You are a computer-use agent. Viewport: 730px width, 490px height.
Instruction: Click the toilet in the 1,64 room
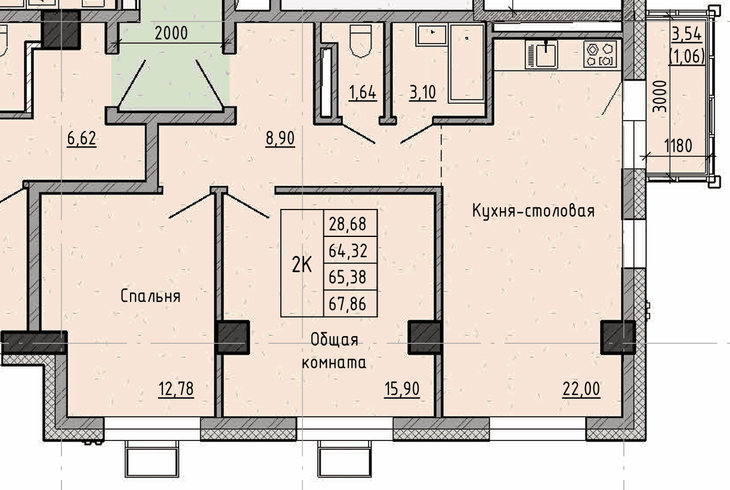tap(360, 41)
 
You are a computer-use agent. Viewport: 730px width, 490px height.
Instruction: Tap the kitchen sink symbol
tap(542, 54)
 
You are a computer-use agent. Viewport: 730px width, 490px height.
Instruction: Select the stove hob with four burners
tap(599, 54)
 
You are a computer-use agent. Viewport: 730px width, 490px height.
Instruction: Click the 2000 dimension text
tap(171, 33)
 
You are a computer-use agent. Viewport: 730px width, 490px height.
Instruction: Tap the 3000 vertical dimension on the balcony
tap(660, 97)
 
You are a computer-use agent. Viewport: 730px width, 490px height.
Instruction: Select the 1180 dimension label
tap(678, 146)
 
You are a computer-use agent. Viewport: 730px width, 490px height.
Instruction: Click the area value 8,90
tap(280, 138)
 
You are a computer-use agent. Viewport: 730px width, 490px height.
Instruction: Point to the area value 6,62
tap(82, 138)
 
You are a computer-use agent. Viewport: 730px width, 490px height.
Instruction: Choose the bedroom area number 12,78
tap(176, 389)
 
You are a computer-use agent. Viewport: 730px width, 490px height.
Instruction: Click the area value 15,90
tap(402, 389)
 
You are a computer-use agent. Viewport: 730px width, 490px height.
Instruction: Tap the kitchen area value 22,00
tap(581, 389)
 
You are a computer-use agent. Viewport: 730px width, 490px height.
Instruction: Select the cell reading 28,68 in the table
tap(347, 224)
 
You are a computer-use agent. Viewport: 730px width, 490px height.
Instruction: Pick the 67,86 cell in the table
tap(347, 304)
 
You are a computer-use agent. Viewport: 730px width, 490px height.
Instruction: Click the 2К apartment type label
tap(302, 264)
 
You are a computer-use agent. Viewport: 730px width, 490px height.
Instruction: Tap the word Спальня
tap(150, 296)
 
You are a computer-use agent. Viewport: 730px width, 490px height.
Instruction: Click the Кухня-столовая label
tap(533, 211)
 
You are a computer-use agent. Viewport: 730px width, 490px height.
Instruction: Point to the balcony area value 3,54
tap(686, 34)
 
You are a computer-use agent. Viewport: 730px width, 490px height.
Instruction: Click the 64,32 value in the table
tap(347, 251)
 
